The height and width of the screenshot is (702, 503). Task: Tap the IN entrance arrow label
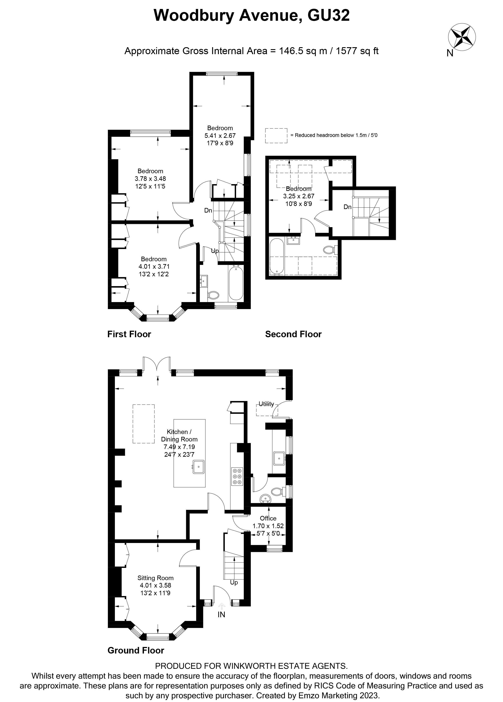221,615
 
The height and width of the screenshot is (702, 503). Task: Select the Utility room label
266,404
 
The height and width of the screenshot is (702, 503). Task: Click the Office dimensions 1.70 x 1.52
268,526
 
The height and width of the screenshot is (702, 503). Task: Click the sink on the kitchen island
198,467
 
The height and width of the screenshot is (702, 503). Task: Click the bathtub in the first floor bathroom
236,284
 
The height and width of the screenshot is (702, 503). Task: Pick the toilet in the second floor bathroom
329,249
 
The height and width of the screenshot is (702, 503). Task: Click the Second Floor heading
293,334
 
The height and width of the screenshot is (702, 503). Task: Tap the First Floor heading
129,334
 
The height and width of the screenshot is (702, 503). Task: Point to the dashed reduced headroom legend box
276,136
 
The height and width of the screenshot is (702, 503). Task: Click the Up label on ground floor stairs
234,583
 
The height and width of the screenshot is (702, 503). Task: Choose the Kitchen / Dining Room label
179,435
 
